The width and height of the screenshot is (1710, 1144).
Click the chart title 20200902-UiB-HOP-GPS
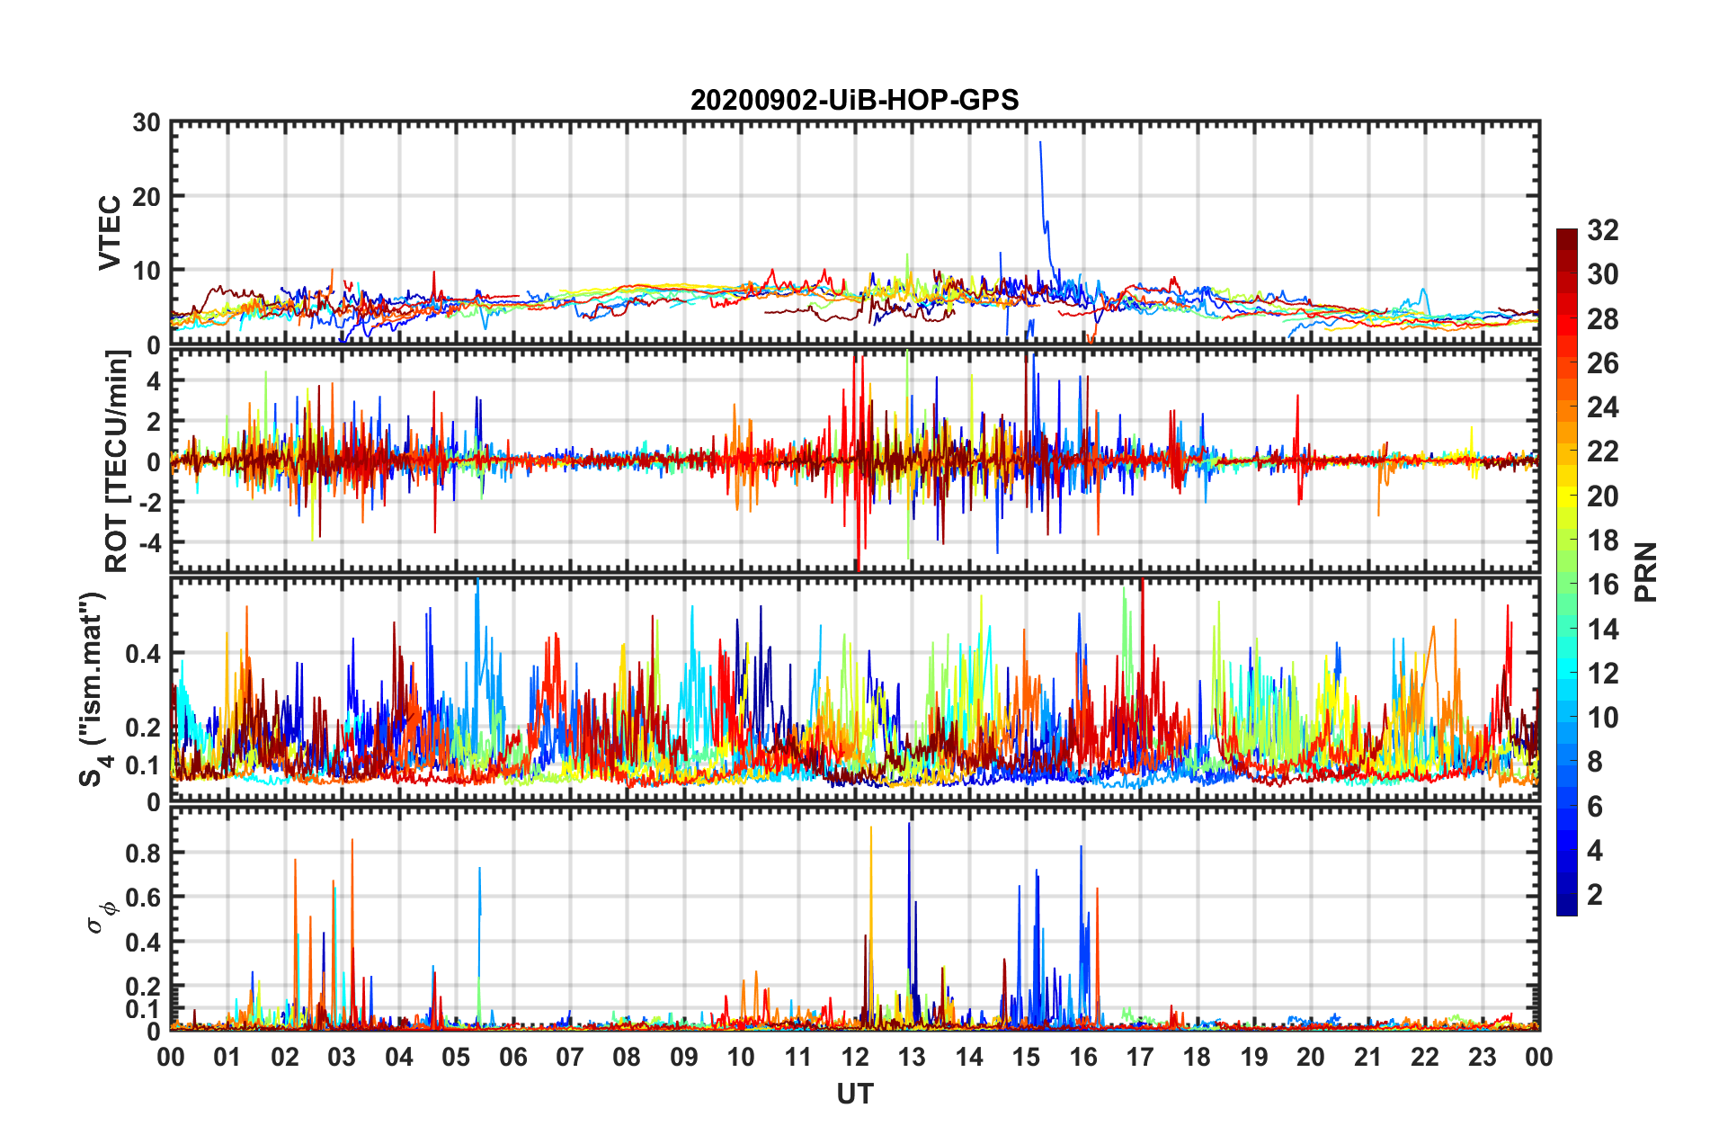tap(854, 100)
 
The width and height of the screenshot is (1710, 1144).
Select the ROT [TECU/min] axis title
tap(117, 461)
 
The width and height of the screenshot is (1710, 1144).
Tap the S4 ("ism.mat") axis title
tap(94, 690)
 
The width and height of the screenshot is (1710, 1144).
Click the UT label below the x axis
tap(854, 1094)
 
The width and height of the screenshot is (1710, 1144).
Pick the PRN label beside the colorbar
tap(1645, 572)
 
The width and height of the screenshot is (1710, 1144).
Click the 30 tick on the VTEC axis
tap(146, 123)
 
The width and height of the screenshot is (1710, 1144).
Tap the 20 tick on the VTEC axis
tap(146, 197)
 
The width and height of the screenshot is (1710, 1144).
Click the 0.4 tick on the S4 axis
tap(142, 654)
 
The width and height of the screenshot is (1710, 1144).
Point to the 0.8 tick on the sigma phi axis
tap(142, 854)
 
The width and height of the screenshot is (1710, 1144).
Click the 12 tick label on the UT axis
tap(855, 1057)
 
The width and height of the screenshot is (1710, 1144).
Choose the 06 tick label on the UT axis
tap(513, 1057)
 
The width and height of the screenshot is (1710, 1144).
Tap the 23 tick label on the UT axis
tap(1482, 1057)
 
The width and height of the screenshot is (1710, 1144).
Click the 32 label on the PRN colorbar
tap(1602, 231)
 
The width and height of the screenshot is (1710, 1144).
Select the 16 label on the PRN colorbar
tap(1602, 585)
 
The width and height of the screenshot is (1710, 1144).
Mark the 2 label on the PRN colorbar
tap(1595, 895)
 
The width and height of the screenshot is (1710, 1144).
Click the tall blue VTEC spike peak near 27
tap(1040, 142)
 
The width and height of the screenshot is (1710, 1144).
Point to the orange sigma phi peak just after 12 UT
tap(870, 827)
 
